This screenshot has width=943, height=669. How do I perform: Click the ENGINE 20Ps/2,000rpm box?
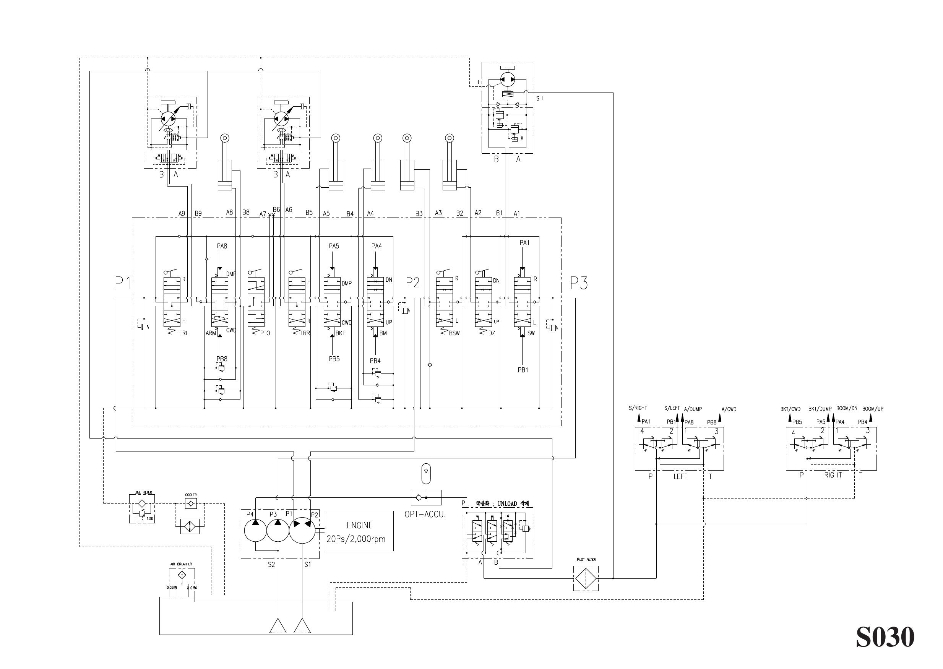click(x=359, y=531)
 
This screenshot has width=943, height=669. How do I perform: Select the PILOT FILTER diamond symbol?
click(x=586, y=578)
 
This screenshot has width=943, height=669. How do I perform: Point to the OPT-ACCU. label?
click(x=425, y=515)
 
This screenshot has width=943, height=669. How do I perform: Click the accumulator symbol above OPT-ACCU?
click(x=426, y=473)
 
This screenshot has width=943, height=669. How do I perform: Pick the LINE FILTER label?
click(x=143, y=492)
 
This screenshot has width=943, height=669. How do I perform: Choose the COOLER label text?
click(x=191, y=495)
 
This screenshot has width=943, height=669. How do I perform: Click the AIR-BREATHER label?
click(x=181, y=564)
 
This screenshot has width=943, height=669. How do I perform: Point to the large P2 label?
click(x=412, y=283)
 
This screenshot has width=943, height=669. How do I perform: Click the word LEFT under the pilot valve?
click(x=680, y=477)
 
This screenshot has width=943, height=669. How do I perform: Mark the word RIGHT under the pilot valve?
click(x=833, y=475)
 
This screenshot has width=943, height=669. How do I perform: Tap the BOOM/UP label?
click(x=873, y=409)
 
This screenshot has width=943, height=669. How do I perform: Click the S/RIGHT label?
click(x=638, y=408)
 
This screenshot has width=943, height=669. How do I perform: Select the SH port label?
click(x=539, y=99)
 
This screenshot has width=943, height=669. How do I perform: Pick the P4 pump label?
click(x=250, y=514)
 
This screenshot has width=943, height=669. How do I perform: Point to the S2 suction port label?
click(x=271, y=565)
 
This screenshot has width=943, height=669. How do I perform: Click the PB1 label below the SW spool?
click(x=523, y=370)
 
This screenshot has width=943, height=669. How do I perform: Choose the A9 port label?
click(x=182, y=213)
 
